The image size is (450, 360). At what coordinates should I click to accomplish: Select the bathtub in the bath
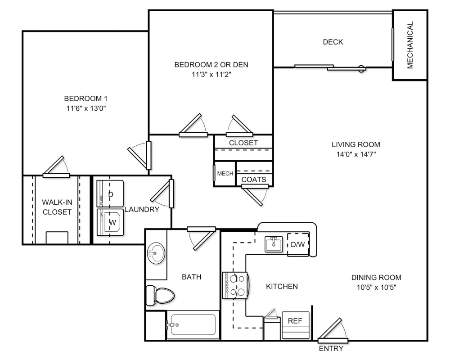[192, 324]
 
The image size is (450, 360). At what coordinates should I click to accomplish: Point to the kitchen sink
[273, 244]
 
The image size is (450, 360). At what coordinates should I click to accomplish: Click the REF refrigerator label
[295, 321]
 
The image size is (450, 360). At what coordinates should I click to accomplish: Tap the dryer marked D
[111, 194]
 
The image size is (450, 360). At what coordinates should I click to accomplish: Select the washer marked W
[111, 221]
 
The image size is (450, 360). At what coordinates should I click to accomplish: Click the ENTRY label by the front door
[331, 348]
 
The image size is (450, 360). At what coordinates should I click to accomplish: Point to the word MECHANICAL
[409, 45]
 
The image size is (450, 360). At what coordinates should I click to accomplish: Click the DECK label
[333, 42]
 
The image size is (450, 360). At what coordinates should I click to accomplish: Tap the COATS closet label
[254, 180]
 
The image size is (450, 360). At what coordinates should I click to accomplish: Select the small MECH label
[225, 174]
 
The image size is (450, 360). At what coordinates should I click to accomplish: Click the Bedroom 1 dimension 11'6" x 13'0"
[85, 108]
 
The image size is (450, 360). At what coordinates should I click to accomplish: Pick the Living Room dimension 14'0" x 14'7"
[355, 154]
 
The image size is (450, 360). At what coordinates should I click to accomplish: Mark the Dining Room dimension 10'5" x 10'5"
[377, 287]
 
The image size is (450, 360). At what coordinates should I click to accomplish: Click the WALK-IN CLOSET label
[57, 207]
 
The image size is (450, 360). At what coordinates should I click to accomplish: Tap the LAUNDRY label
[142, 209]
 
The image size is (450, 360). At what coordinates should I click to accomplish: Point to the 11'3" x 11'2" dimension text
[211, 74]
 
